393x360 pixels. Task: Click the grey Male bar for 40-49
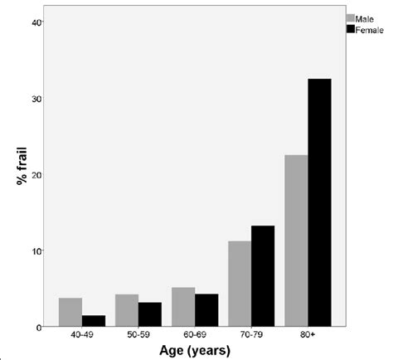click(70, 312)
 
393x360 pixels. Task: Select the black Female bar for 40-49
click(93, 321)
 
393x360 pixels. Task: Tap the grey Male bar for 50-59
click(127, 310)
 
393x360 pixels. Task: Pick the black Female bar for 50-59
click(149, 314)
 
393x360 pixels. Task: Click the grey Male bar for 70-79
click(240, 284)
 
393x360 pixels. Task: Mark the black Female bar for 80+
click(318, 202)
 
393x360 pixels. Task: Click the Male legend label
click(366, 17)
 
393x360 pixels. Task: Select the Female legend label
click(369, 29)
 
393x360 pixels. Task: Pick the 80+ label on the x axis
click(308, 337)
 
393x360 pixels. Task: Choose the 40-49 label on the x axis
click(81, 337)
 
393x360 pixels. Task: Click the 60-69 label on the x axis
click(194, 337)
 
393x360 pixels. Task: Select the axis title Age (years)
click(195, 351)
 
